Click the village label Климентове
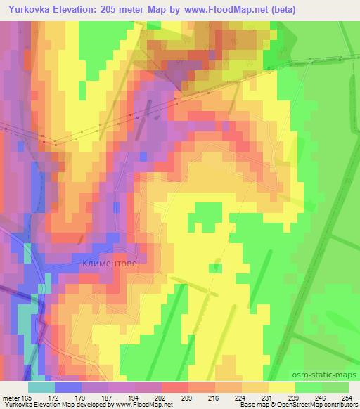click(x=105, y=266)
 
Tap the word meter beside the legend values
click(x=14, y=398)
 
